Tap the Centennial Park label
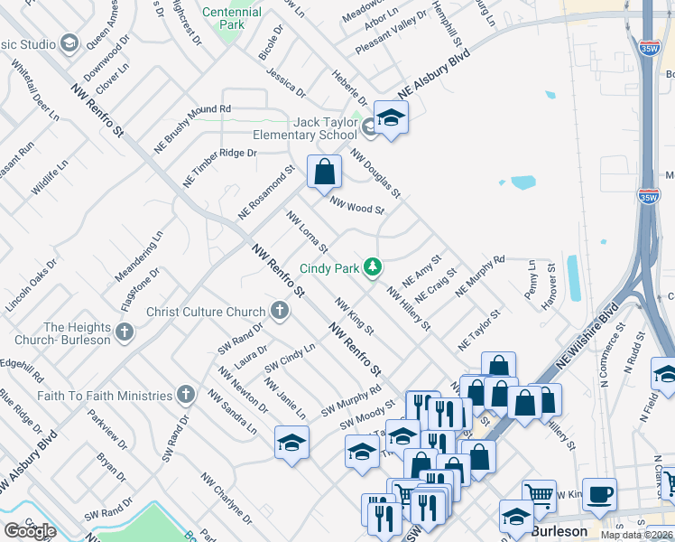(x=232, y=18)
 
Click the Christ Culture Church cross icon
(x=280, y=313)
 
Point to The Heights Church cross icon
(x=125, y=333)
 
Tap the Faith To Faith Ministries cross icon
(x=186, y=396)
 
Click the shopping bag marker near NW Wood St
(x=324, y=172)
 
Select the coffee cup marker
(x=599, y=495)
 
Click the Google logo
(x=30, y=531)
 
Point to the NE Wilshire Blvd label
(x=587, y=334)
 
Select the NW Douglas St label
(x=375, y=173)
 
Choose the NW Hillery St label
(x=408, y=308)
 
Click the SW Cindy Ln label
(x=290, y=358)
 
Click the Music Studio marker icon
(x=69, y=44)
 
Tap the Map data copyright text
(x=635, y=535)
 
